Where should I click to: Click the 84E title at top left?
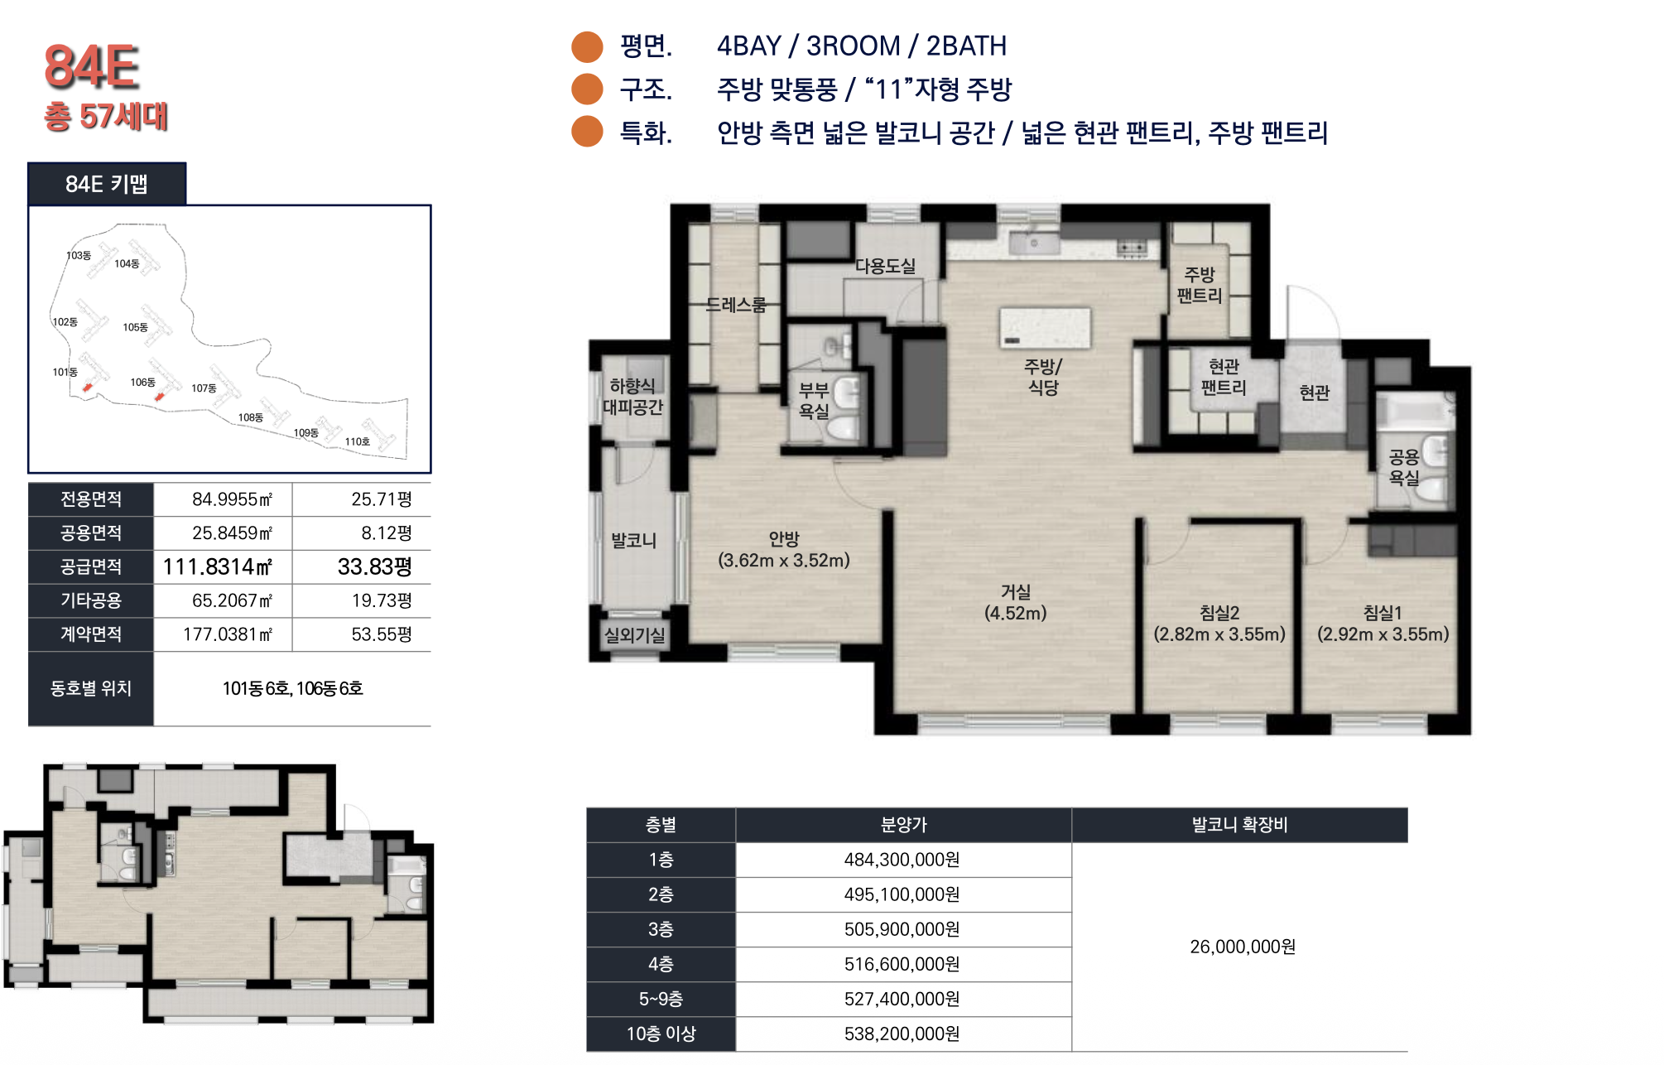pyautogui.click(x=91, y=66)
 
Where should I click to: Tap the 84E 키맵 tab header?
pyautogui.click(x=107, y=184)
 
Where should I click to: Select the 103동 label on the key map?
pyautogui.click(x=79, y=255)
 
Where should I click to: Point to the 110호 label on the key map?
pyautogui.click(x=358, y=441)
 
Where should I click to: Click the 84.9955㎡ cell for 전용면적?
pyautogui.click(x=232, y=499)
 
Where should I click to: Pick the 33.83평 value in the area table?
pyautogui.click(x=374, y=566)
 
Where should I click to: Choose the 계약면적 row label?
pyautogui.click(x=91, y=634)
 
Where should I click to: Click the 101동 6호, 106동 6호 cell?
pyautogui.click(x=292, y=688)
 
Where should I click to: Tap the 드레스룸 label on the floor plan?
pyautogui.click(x=736, y=305)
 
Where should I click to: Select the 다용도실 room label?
pyautogui.click(x=885, y=266)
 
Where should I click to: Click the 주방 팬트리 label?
pyautogui.click(x=1200, y=284)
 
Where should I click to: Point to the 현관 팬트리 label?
pyautogui.click(x=1224, y=377)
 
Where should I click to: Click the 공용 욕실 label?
pyautogui.click(x=1404, y=467)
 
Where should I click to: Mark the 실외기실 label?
pyautogui.click(x=634, y=635)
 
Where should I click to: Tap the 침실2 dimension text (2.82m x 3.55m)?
pyautogui.click(x=1219, y=634)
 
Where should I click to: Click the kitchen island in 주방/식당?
pyautogui.click(x=1045, y=328)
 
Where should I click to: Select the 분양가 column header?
pyautogui.click(x=903, y=825)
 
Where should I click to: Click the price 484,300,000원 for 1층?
pyautogui.click(x=902, y=860)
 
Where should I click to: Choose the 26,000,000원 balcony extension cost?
pyautogui.click(x=1243, y=947)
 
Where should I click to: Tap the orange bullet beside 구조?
pyautogui.click(x=587, y=89)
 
